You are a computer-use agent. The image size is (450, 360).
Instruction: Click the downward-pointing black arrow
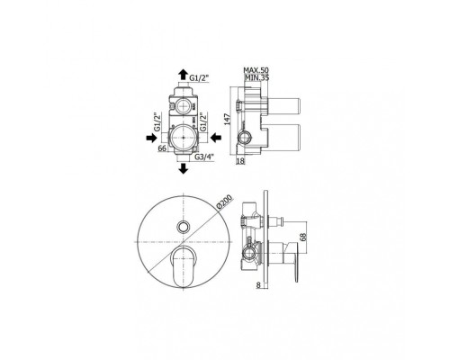pyautogui.click(x=183, y=168)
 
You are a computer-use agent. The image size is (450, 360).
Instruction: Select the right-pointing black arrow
pyautogui.click(x=151, y=138)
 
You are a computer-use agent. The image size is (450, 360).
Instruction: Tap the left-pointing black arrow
pyautogui.click(x=216, y=138)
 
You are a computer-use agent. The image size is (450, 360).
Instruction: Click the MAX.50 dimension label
pyautogui.click(x=256, y=70)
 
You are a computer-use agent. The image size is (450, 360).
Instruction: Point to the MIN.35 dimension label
pyautogui.click(x=256, y=77)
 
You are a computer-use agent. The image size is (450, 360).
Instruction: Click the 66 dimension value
pyautogui.click(x=162, y=148)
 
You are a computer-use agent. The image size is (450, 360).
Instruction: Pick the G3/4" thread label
pyautogui.click(x=204, y=157)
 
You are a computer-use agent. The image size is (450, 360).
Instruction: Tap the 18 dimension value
pyautogui.click(x=240, y=161)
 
